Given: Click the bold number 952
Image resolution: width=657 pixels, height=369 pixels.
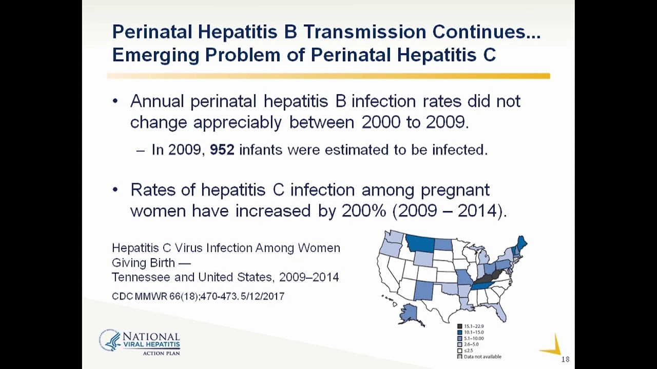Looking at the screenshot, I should click(x=222, y=150).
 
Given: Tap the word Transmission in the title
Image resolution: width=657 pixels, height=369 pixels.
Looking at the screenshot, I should click(x=365, y=32).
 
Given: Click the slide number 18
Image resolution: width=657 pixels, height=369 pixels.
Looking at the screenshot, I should click(x=565, y=359).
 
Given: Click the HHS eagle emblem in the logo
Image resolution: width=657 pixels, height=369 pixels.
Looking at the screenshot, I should click(x=109, y=340).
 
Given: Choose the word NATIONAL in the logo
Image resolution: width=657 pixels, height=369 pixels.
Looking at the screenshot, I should click(x=151, y=337).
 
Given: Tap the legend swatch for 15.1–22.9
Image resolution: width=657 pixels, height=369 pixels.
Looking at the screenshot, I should click(x=460, y=326).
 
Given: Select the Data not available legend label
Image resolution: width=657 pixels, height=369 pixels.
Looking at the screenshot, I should click(x=482, y=357).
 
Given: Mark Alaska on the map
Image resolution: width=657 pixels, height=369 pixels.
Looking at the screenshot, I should click(x=409, y=313).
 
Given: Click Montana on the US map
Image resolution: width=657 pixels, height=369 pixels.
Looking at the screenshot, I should click(x=420, y=243).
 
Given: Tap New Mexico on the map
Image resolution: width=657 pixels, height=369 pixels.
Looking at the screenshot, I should click(x=423, y=290).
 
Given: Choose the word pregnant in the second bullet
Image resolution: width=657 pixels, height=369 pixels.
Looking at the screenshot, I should click(x=455, y=190).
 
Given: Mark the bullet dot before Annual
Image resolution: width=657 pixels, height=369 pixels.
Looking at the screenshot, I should click(x=115, y=101).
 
